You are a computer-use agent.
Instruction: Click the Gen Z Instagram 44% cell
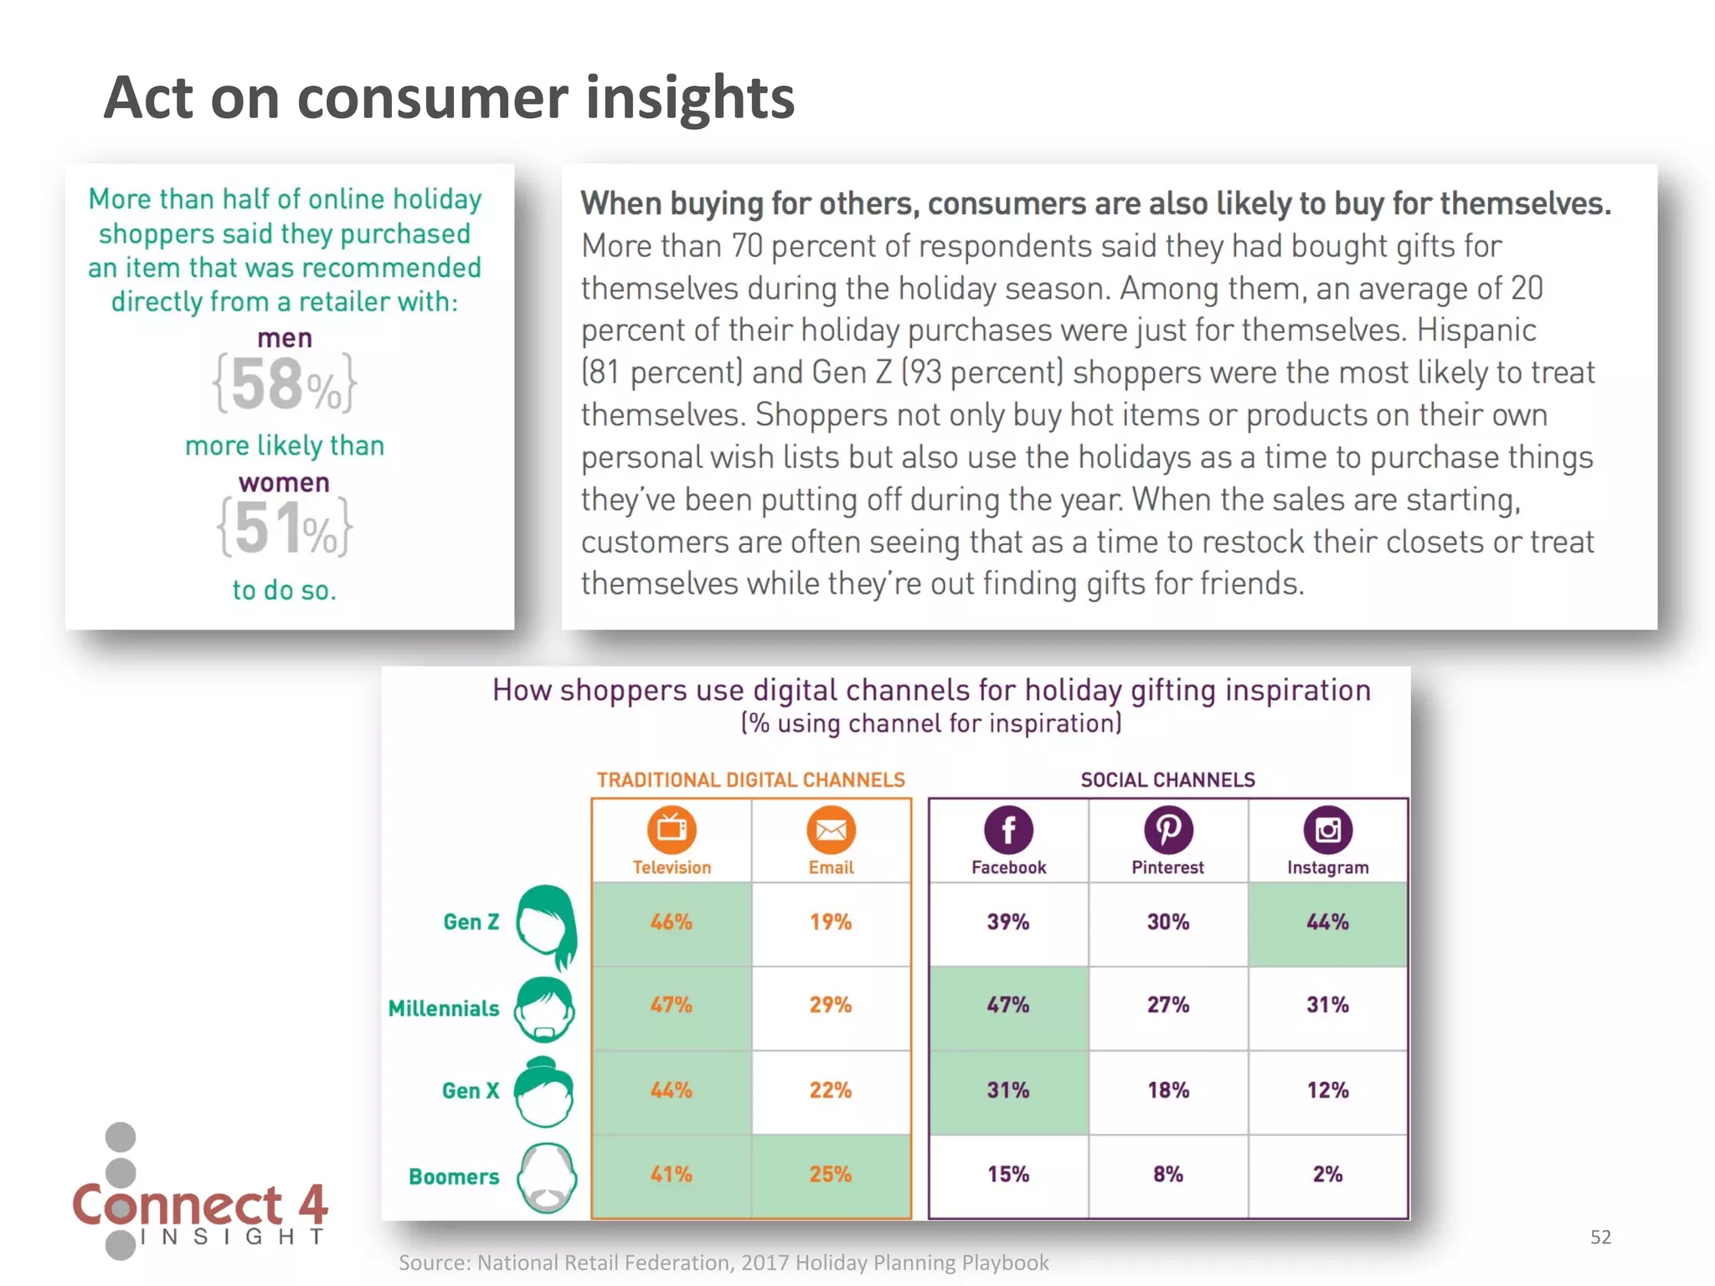click(1327, 923)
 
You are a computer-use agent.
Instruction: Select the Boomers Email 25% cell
click(831, 1175)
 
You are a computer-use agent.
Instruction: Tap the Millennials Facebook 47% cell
click(1008, 1006)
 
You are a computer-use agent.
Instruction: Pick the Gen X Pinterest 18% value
click(1168, 1090)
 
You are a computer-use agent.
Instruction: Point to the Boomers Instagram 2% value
click(1327, 1175)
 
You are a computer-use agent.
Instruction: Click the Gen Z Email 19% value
click(831, 923)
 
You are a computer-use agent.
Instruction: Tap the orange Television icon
click(672, 830)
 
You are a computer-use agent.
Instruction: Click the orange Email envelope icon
click(831, 830)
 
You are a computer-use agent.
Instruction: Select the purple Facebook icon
click(1008, 830)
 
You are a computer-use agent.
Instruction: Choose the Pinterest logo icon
click(1168, 830)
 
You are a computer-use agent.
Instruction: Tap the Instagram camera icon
click(1327, 830)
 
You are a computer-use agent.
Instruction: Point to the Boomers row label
click(454, 1176)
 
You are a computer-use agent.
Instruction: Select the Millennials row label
click(444, 1008)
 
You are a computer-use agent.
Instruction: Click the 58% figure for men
click(285, 385)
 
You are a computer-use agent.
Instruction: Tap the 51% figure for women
click(285, 528)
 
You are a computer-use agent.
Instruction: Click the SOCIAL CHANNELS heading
click(1167, 780)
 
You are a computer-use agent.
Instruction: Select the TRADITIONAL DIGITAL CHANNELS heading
click(750, 780)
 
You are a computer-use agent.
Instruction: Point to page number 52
click(1600, 1237)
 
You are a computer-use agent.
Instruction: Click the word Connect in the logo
click(178, 1206)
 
